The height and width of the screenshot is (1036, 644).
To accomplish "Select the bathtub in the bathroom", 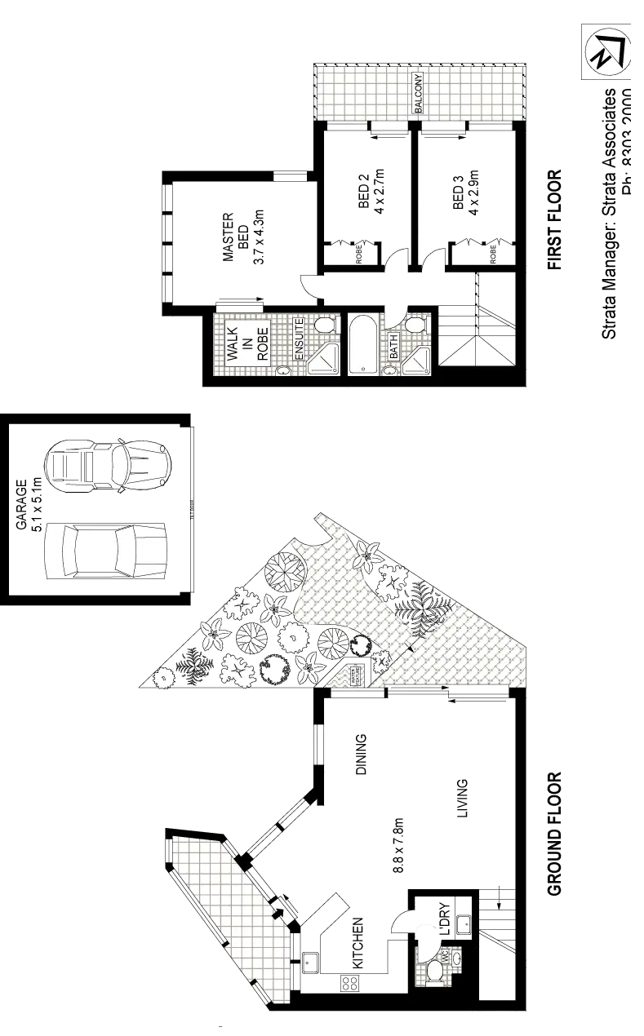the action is pyautogui.click(x=362, y=345).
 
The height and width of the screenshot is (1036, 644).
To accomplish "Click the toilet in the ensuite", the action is pyautogui.click(x=326, y=325).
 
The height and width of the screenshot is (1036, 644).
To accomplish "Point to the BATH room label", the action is pyautogui.click(x=393, y=347).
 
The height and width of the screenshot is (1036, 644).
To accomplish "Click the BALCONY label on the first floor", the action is pyautogui.click(x=418, y=93).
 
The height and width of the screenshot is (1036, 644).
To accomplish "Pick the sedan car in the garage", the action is pyautogui.click(x=107, y=551).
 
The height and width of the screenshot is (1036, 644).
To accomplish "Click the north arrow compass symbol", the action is pyautogui.click(x=606, y=51).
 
